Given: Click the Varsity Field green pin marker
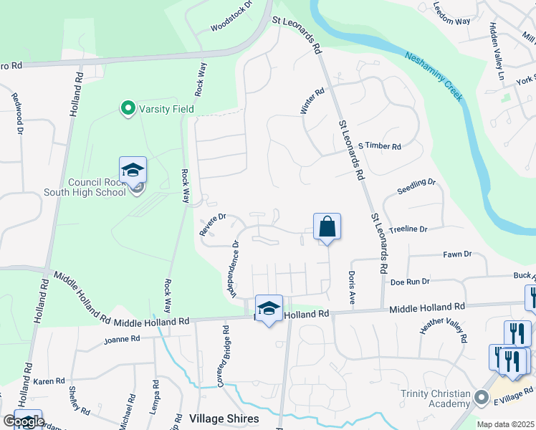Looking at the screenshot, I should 128,109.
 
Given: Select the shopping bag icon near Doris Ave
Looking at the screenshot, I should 327,227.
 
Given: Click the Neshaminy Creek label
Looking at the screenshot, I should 433,77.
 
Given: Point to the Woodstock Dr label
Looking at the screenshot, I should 232,16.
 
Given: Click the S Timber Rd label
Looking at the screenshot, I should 380,145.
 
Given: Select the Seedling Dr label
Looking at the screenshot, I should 416,187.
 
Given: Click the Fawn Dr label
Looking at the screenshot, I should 457,254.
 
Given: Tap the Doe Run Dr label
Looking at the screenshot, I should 410,282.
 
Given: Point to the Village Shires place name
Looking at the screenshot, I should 224,418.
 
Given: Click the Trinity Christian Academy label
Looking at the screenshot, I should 446,398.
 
